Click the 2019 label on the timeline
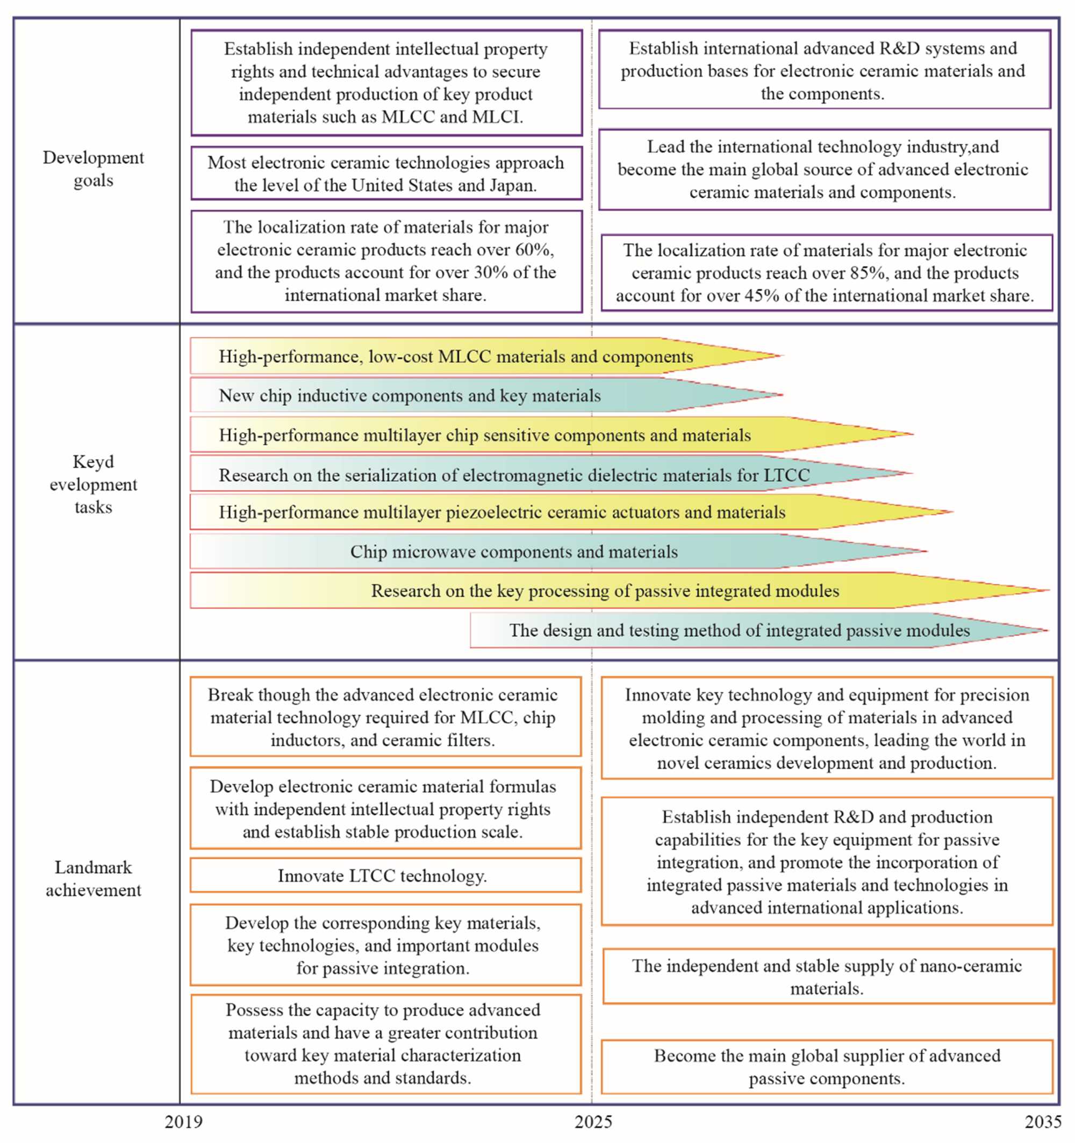click(x=184, y=1121)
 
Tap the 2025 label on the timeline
click(x=593, y=1121)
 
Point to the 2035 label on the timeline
click(x=1043, y=1121)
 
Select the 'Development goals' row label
click(x=94, y=169)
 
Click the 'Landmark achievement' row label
click(x=94, y=879)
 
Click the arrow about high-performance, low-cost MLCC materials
click(x=455, y=357)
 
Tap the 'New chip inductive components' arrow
click(x=410, y=396)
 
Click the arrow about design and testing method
click(x=739, y=631)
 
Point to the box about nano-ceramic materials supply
click(x=827, y=976)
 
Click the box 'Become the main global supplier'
click(x=827, y=1066)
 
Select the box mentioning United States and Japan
click(x=386, y=174)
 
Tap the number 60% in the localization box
click(x=534, y=250)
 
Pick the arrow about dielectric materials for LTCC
click(x=514, y=475)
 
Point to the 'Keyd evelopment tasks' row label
click(x=94, y=484)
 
